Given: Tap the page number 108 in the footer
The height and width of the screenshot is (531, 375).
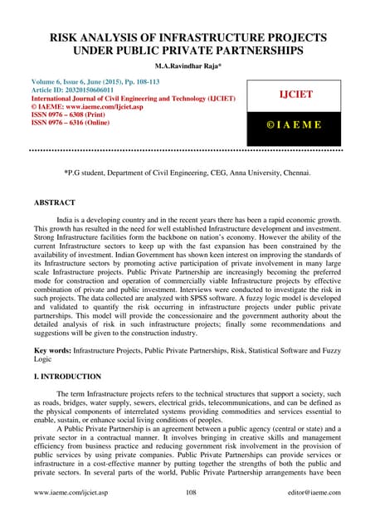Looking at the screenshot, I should tap(188, 515).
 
